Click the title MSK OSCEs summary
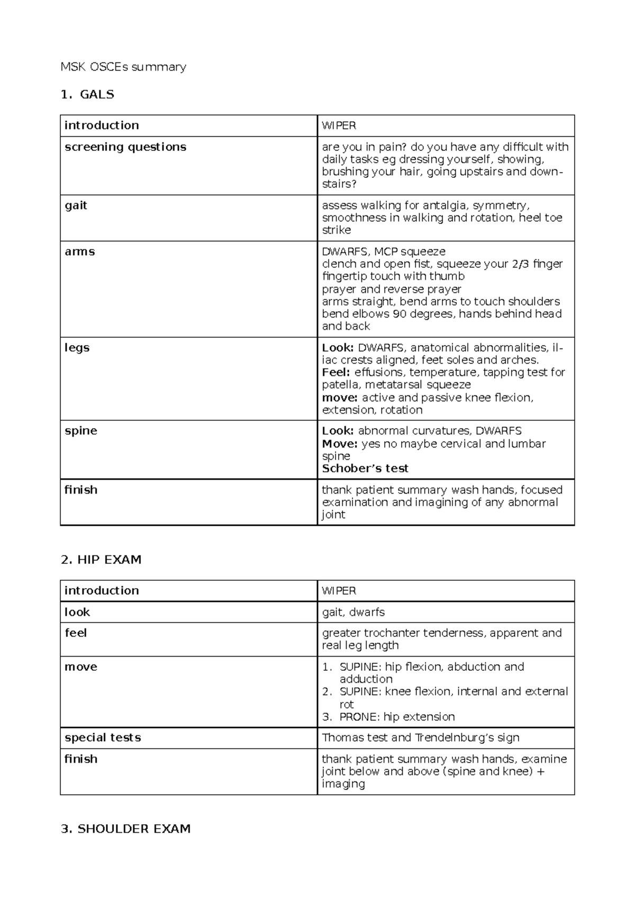point(123,67)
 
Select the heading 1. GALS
point(88,94)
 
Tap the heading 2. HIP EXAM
point(101,560)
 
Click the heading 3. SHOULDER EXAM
point(126,829)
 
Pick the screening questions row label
point(125,147)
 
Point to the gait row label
point(76,205)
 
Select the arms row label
point(80,251)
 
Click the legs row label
point(77,348)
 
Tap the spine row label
point(81,431)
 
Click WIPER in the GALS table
point(339,125)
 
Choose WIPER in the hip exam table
point(339,591)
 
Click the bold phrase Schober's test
point(365,469)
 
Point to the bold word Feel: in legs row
point(336,372)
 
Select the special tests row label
point(103,738)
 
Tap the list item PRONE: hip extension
point(397,717)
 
